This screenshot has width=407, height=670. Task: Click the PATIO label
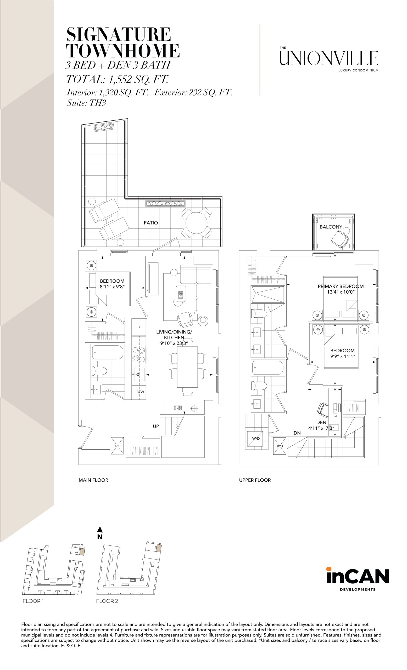(x=150, y=223)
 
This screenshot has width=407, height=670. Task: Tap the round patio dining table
(x=197, y=223)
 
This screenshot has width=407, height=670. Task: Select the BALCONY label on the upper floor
(x=331, y=227)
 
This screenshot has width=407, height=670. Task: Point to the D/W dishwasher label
(x=140, y=392)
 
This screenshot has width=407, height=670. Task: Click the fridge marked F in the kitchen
(x=139, y=327)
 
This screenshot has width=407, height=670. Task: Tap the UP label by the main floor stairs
(x=156, y=426)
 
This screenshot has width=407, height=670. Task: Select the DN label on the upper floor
(x=297, y=433)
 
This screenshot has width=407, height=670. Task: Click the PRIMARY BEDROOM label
(x=341, y=286)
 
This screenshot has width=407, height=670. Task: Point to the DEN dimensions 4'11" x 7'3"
(x=321, y=428)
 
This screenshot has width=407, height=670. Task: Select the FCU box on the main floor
(x=118, y=446)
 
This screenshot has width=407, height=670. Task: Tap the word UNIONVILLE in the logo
(x=329, y=58)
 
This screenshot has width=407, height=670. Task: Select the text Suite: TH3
(x=86, y=103)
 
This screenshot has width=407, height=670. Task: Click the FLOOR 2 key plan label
(x=107, y=601)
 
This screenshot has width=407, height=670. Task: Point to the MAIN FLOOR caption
(x=93, y=480)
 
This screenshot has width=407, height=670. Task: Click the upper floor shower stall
(x=268, y=294)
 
